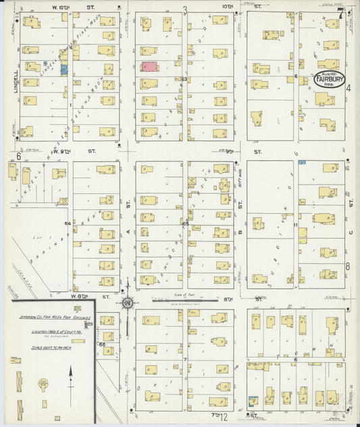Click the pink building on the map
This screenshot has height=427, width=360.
pyautogui.click(x=149, y=67)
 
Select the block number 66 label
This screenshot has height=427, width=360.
pyautogui.click(x=103, y=345)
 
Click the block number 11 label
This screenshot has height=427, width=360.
pyautogui.click(x=296, y=224)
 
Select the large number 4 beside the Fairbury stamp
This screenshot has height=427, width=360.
pyautogui.click(x=349, y=89)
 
